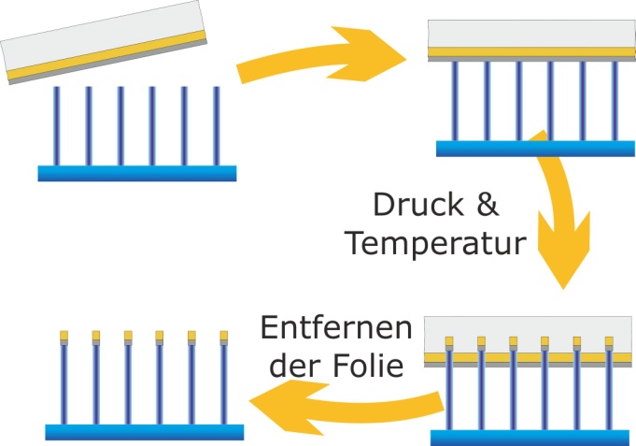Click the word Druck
[x=418, y=205]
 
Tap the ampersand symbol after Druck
[x=488, y=205]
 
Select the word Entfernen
[x=336, y=328]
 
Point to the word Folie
[x=369, y=366]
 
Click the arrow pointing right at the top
[x=320, y=55]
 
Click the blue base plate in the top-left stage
[x=137, y=174]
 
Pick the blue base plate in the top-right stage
[x=535, y=149]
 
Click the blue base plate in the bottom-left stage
[x=145, y=432]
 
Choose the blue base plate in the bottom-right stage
[x=530, y=438]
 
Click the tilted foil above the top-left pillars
[x=104, y=42]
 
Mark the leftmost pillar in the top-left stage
[x=56, y=126]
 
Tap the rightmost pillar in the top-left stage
[x=216, y=126]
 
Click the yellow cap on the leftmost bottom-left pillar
[x=64, y=336]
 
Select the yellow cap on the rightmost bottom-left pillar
[x=224, y=336]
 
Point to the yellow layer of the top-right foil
[x=531, y=52]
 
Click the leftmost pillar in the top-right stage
[x=455, y=101]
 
